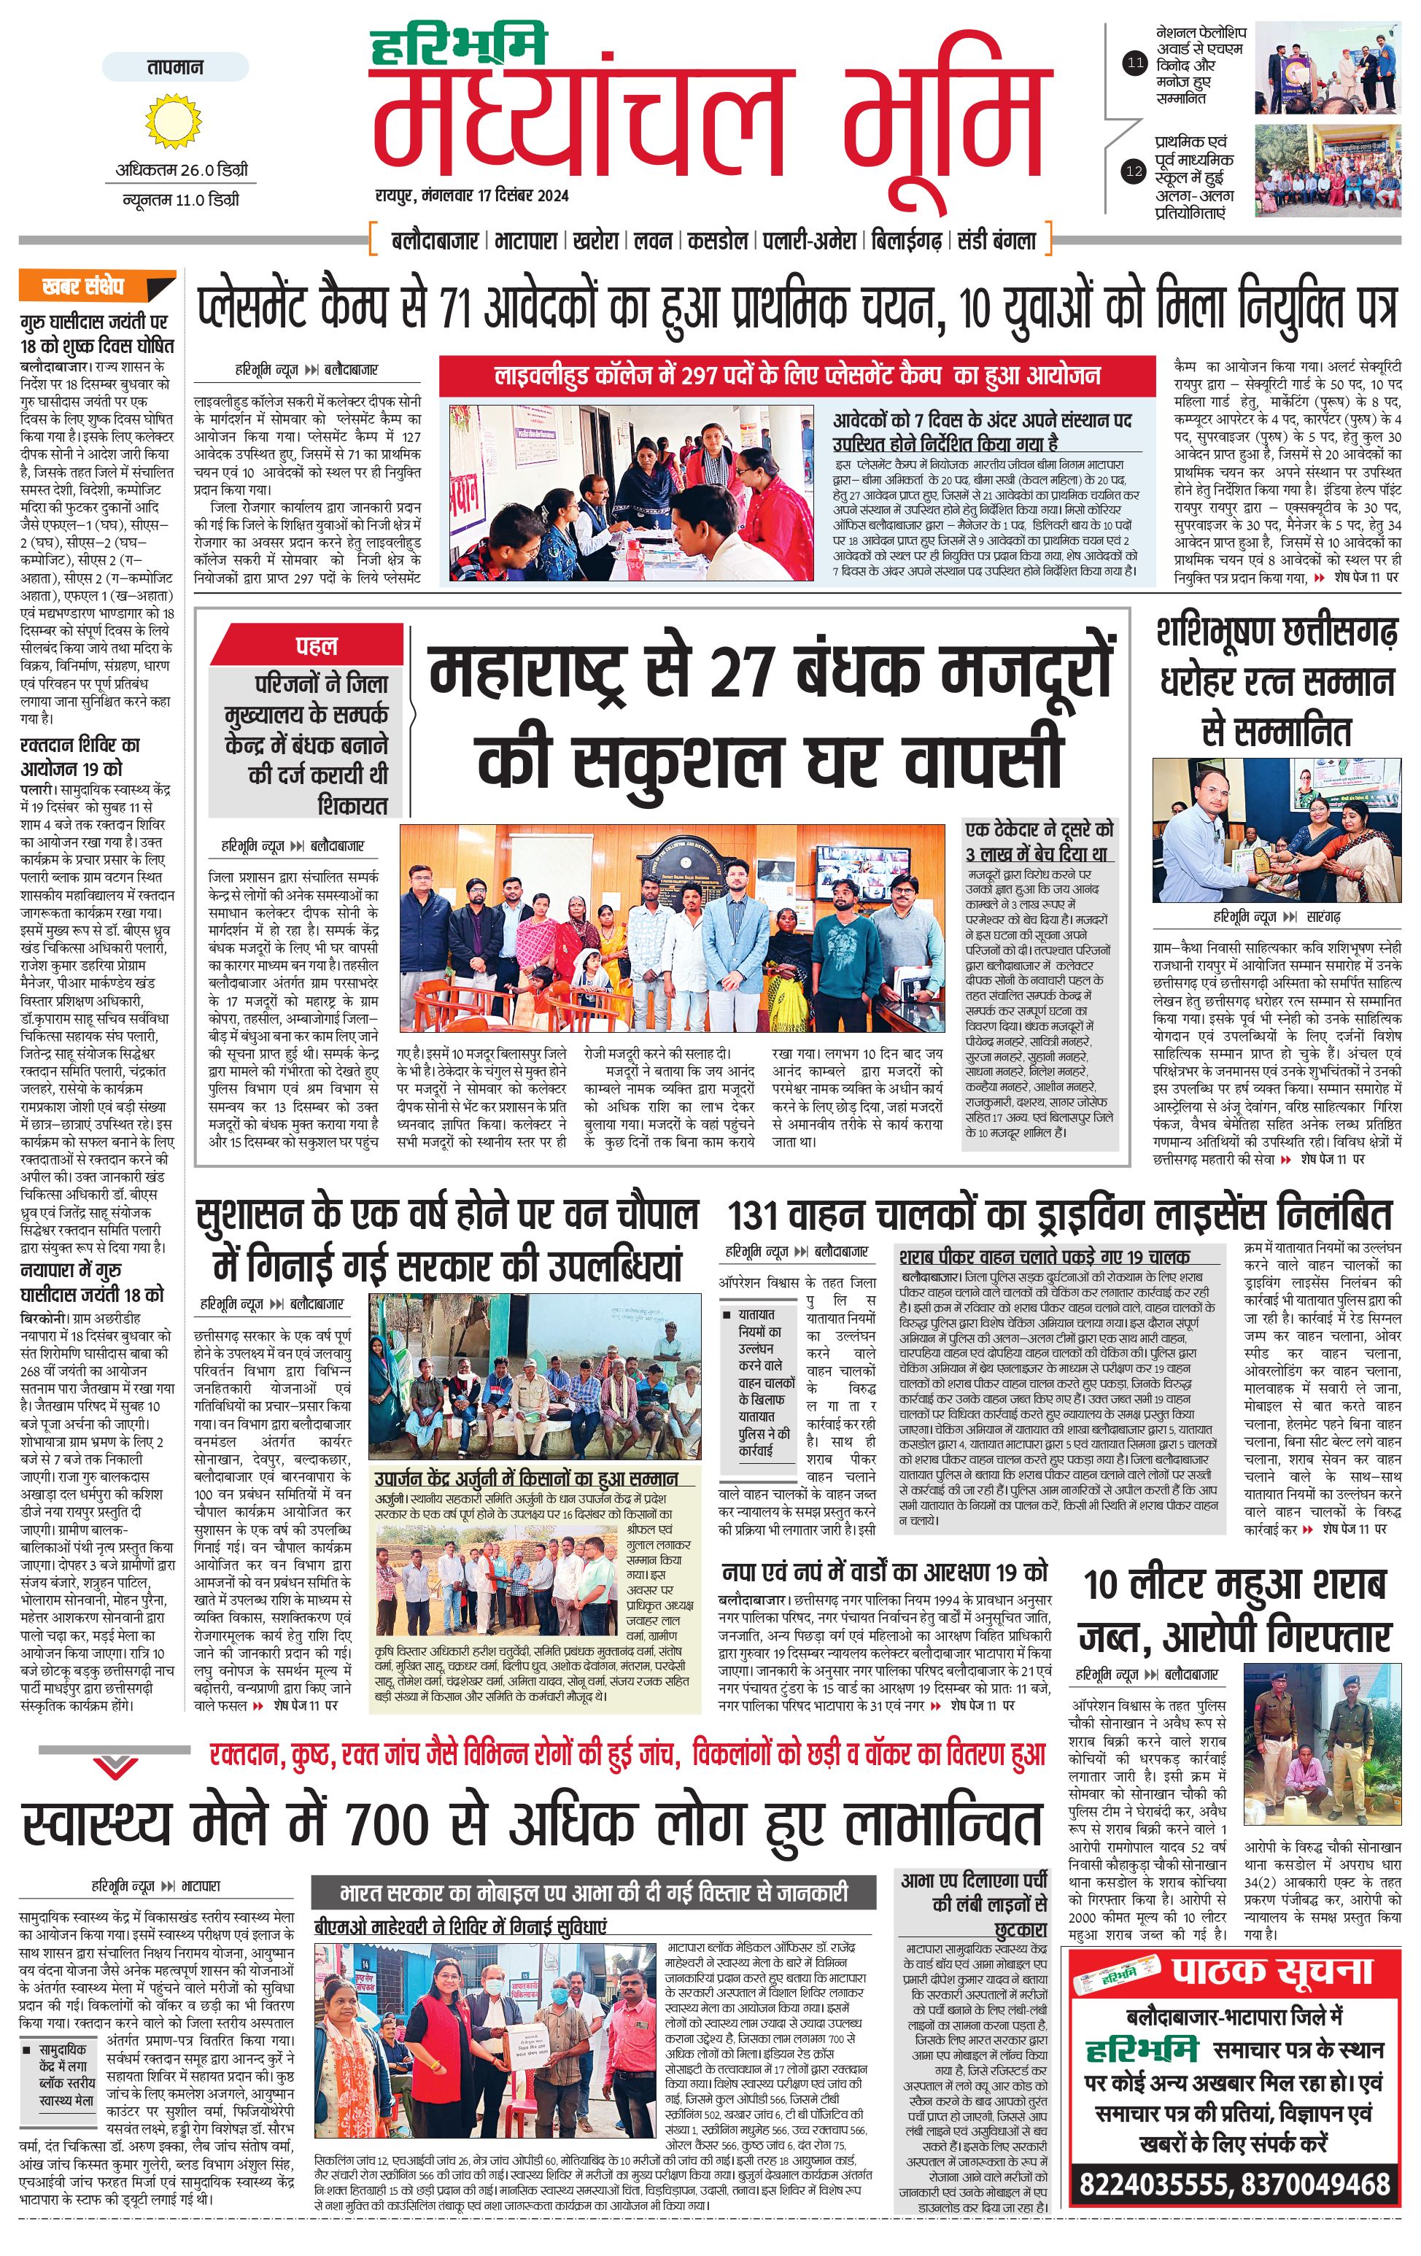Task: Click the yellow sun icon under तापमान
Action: (x=174, y=120)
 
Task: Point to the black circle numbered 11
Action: (x=1134, y=63)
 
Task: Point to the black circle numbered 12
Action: (x=1134, y=171)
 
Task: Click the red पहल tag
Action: (x=317, y=646)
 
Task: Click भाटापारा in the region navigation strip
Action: (x=528, y=241)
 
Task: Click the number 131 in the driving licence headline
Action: (x=755, y=1215)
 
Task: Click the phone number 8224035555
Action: (x=1154, y=2183)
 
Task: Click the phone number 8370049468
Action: (x=1316, y=2183)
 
